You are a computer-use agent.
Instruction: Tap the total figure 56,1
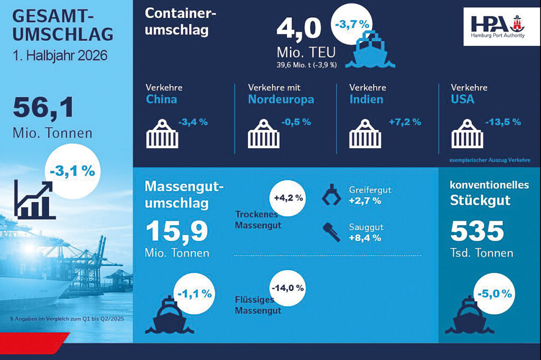(43, 108)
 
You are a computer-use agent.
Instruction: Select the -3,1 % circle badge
(72, 171)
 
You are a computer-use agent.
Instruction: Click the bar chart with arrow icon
(34, 200)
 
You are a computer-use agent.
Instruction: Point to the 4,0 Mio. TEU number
(299, 29)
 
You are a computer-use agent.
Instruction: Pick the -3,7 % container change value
(352, 24)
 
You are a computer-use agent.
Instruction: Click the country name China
(162, 99)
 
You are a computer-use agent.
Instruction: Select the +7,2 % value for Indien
(405, 122)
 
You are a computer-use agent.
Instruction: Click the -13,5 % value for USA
(503, 122)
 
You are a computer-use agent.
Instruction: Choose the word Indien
(367, 99)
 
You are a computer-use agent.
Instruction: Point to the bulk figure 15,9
(176, 232)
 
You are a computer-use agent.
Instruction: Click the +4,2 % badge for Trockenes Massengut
(288, 198)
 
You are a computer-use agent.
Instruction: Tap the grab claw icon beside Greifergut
(331, 195)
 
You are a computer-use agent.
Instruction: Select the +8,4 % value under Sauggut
(365, 238)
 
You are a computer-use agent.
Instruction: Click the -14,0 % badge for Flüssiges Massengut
(288, 288)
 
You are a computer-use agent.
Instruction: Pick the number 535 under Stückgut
(477, 231)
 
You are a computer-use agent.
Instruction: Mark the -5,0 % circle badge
(495, 294)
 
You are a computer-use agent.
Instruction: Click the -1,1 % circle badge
(194, 294)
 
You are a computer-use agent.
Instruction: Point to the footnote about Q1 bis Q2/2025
(67, 319)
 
